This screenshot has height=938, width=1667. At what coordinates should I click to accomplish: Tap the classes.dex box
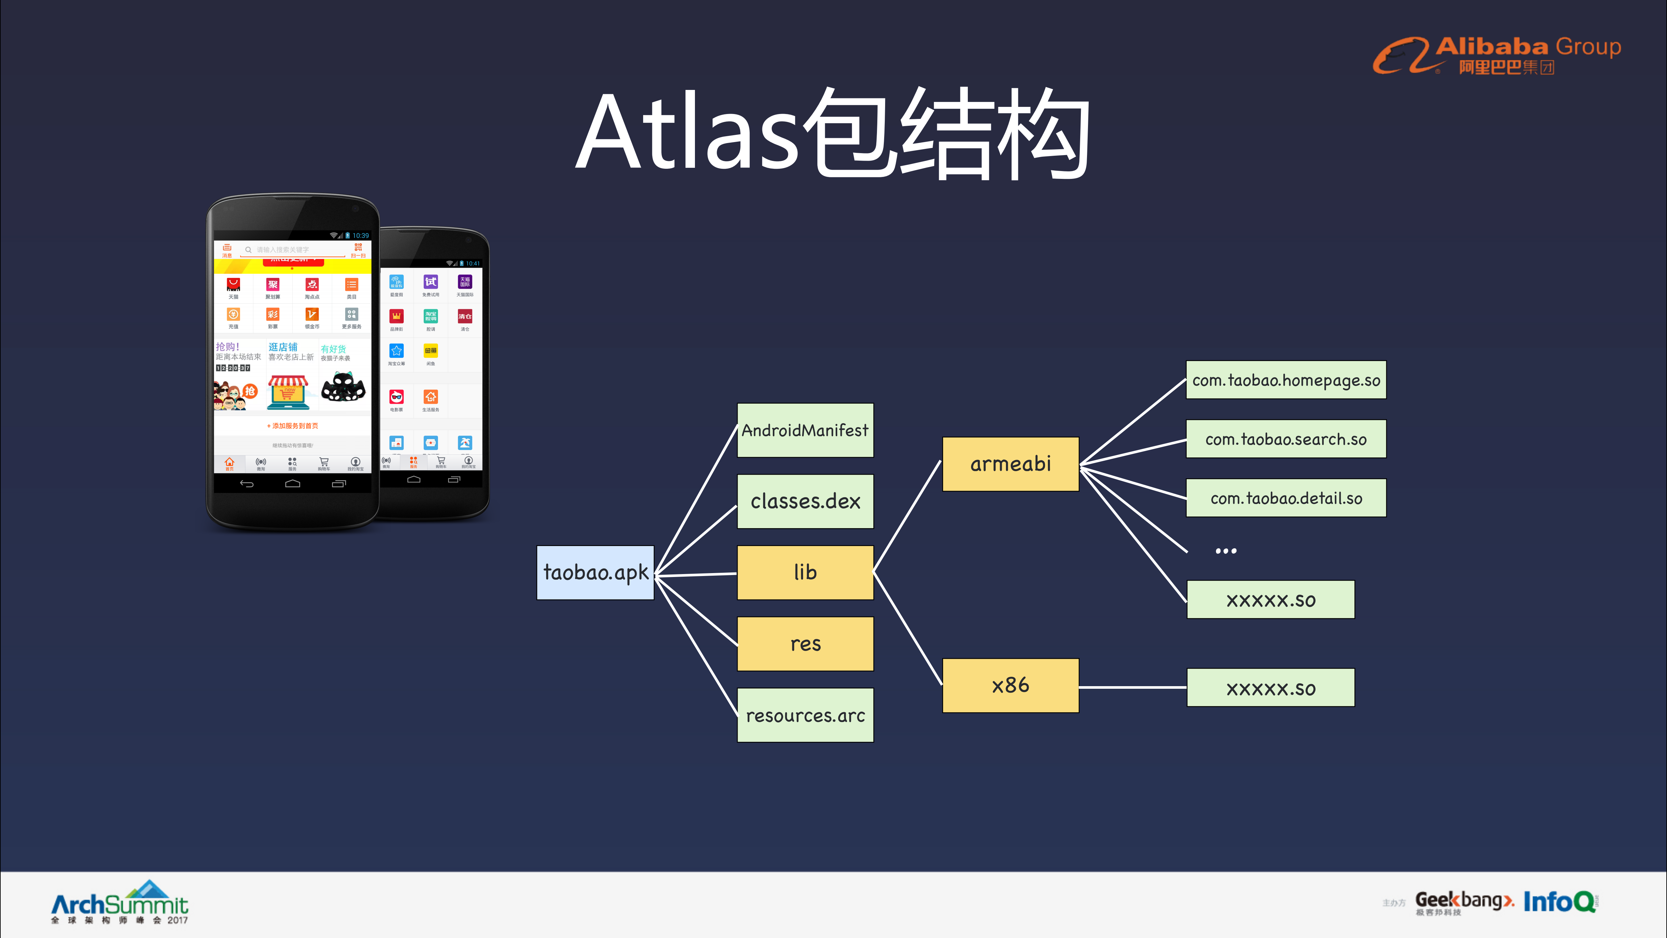[805, 501]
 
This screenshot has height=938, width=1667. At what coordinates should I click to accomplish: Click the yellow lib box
[805, 572]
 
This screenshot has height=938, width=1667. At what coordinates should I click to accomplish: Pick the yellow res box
[805, 643]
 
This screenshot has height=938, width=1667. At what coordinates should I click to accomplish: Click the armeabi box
[1010, 464]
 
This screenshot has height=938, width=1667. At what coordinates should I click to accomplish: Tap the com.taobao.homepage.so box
[1286, 380]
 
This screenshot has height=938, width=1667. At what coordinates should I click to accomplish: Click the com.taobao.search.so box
[1286, 439]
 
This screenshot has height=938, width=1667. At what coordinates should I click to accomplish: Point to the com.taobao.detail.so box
[1286, 498]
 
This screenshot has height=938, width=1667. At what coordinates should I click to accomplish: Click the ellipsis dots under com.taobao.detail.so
[1226, 551]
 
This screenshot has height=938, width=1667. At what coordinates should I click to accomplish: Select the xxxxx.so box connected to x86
[1270, 687]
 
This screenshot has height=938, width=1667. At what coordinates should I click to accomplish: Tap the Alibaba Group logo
[1496, 55]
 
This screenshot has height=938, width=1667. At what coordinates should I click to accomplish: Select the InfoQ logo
[1560, 901]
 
